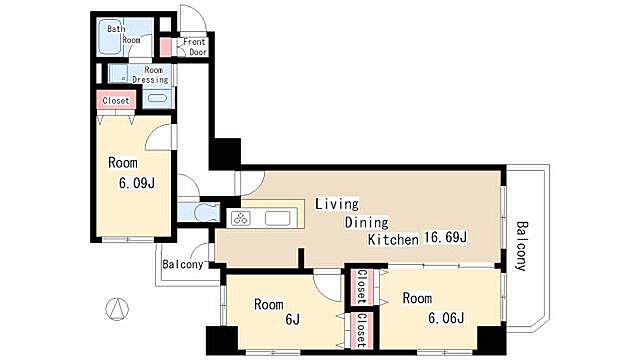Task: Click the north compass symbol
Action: coord(117,309)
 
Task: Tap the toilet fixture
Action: coord(205,212)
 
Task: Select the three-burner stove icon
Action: coord(241,218)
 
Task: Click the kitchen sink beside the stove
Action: coord(278,218)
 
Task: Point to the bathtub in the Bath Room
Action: coord(111,37)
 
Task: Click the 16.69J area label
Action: coord(445,237)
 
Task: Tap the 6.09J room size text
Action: coord(137,183)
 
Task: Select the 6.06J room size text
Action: coord(446,318)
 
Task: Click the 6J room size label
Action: coord(293,320)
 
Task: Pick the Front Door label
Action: coord(195,47)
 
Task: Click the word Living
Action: coord(337,204)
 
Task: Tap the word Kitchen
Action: coord(393,240)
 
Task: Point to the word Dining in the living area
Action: coord(367,223)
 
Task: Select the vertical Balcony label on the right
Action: coord(521,246)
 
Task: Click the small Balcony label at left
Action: coord(183,264)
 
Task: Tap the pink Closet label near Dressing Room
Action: coord(116,100)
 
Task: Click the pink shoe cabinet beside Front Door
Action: coord(165,47)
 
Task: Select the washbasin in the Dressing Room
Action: coord(156,99)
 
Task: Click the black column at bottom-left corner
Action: coord(222,340)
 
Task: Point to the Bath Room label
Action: coord(124,34)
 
